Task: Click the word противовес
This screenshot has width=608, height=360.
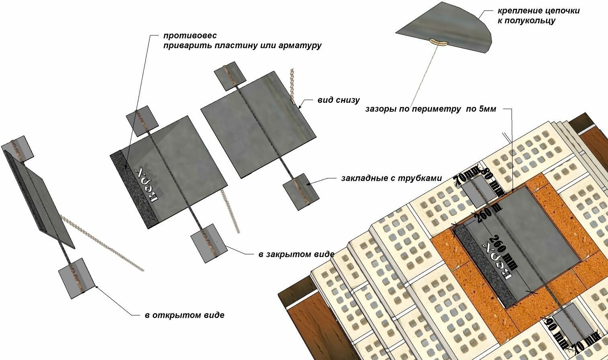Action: click(190, 36)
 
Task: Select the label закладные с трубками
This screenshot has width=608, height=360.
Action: click(391, 178)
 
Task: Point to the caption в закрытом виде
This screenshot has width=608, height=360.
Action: click(297, 254)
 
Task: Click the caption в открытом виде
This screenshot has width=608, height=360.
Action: click(184, 315)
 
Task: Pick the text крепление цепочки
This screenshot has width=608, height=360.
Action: click(538, 11)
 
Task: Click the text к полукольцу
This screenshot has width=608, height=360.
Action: click(526, 20)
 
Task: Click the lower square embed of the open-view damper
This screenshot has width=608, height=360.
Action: click(77, 278)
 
